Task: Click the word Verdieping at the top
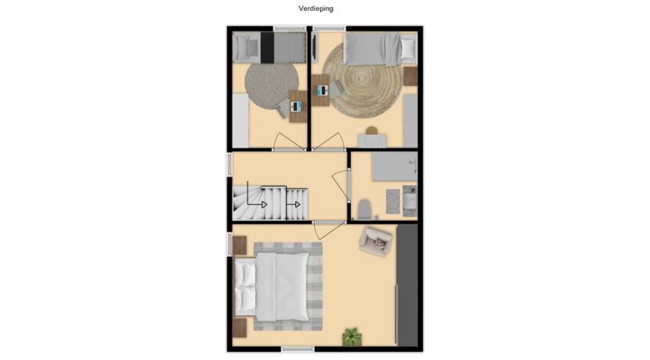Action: (x=316, y=9)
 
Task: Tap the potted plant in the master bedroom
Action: (x=352, y=337)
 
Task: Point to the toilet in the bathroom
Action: (x=364, y=209)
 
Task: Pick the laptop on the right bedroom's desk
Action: (x=323, y=90)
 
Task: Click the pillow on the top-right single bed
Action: (x=407, y=49)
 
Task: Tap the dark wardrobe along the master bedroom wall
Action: (x=407, y=286)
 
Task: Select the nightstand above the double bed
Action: (x=240, y=245)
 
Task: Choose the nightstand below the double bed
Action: (x=240, y=327)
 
